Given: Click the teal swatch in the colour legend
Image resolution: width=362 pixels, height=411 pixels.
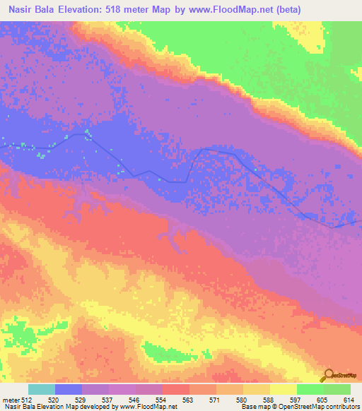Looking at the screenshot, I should (x=42, y=389).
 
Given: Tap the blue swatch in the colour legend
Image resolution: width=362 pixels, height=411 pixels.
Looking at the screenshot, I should (x=69, y=389).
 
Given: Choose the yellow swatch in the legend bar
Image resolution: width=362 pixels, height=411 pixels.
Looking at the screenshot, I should (x=283, y=389).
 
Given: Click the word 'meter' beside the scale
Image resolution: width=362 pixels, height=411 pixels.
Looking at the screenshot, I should (x=11, y=399).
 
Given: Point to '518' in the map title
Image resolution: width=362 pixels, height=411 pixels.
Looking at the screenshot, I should (x=131, y=9).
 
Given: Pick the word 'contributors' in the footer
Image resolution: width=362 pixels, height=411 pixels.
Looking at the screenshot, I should (x=343, y=407).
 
